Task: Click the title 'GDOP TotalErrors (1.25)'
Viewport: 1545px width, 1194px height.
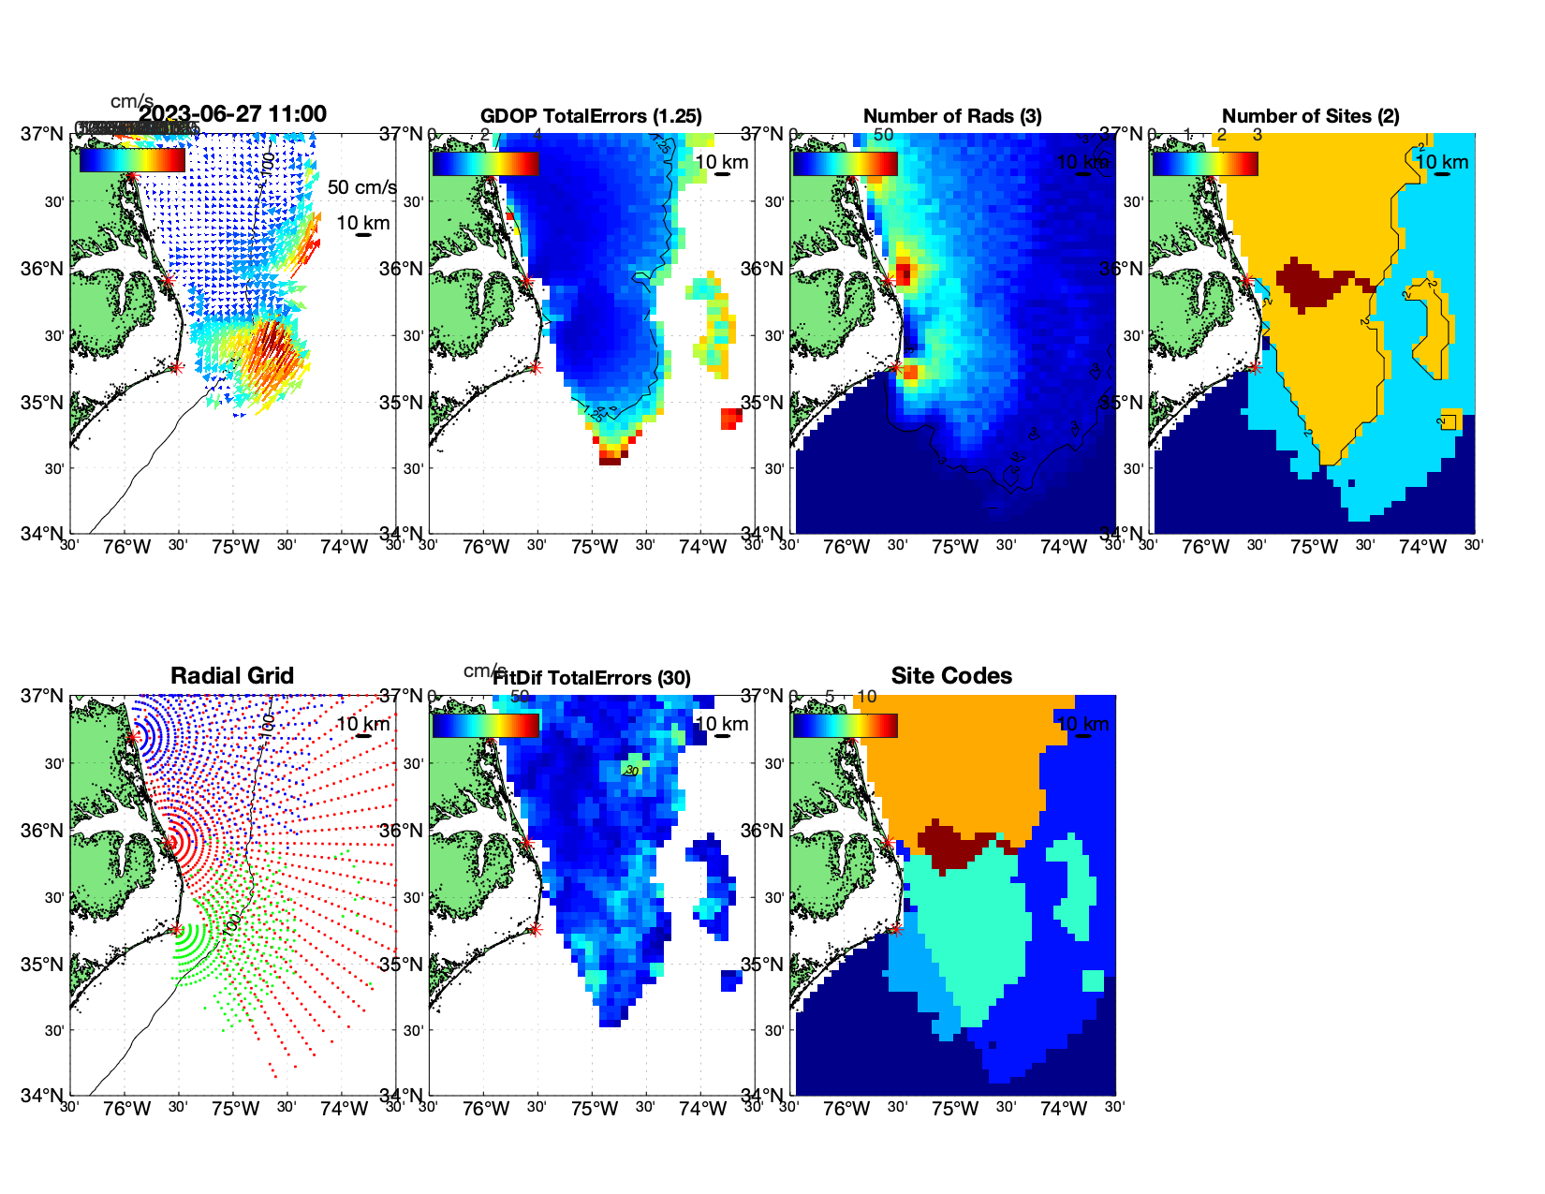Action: [591, 116]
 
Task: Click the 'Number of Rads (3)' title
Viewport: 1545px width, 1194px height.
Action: [952, 116]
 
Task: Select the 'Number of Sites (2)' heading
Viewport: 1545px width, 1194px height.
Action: [1311, 116]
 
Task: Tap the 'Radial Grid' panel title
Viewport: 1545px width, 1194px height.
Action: [232, 676]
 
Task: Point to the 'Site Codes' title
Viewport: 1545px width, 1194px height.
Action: [951, 676]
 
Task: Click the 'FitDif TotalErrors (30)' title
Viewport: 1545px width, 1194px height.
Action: [592, 678]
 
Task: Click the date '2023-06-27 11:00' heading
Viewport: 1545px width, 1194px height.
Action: [232, 114]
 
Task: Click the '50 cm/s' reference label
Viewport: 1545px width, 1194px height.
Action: [361, 187]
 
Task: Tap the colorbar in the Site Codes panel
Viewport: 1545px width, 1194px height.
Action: [845, 726]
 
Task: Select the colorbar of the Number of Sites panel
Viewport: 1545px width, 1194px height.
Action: [1205, 164]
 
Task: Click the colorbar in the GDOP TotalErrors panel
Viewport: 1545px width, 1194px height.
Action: [485, 164]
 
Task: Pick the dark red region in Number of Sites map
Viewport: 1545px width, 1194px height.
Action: [1311, 281]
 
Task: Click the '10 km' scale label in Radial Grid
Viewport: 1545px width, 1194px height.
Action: [362, 724]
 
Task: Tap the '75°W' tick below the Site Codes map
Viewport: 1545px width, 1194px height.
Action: [955, 1110]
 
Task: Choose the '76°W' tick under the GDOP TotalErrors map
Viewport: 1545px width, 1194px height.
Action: [486, 548]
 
